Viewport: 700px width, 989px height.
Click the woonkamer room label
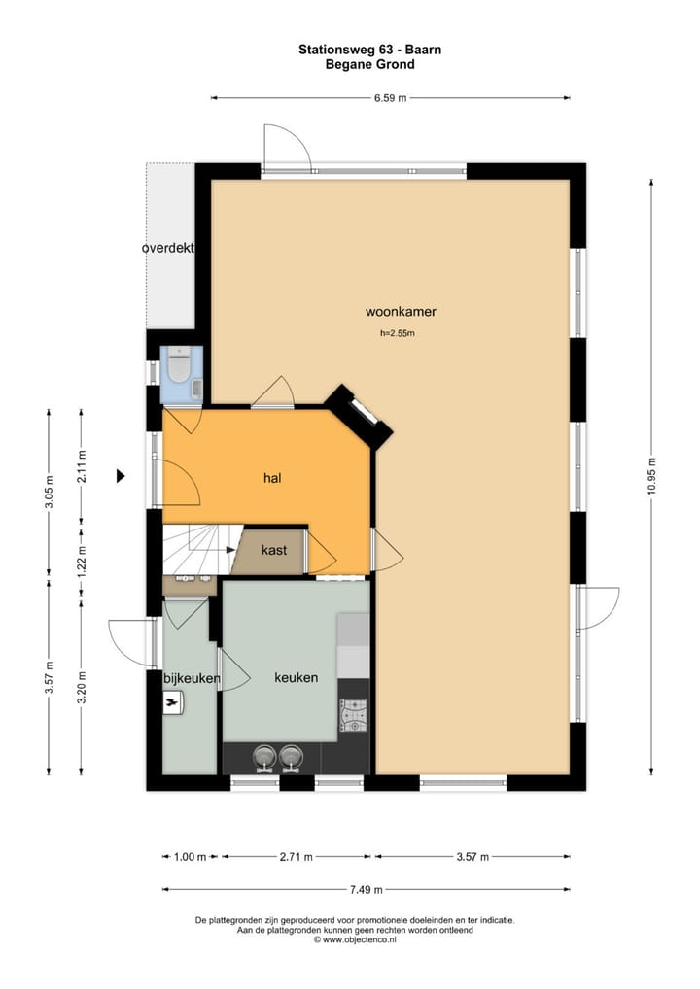(x=401, y=312)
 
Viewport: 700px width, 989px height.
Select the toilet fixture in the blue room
(x=179, y=368)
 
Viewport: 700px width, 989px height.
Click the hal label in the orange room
(x=272, y=477)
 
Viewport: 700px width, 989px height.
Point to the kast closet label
(x=274, y=550)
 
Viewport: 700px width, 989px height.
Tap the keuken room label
(x=296, y=677)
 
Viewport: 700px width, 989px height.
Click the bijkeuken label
(x=192, y=678)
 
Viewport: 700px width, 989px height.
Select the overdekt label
(x=168, y=248)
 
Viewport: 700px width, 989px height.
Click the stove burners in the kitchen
(x=353, y=715)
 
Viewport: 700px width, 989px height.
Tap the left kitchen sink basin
(x=264, y=756)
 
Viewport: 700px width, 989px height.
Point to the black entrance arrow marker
(x=122, y=476)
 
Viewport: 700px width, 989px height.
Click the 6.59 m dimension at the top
(x=390, y=97)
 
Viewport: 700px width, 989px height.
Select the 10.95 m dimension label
(x=652, y=476)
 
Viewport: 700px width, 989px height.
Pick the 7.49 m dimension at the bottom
(x=367, y=889)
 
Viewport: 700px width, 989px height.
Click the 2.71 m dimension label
(x=296, y=857)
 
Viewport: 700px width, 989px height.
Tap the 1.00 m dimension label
(x=191, y=857)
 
